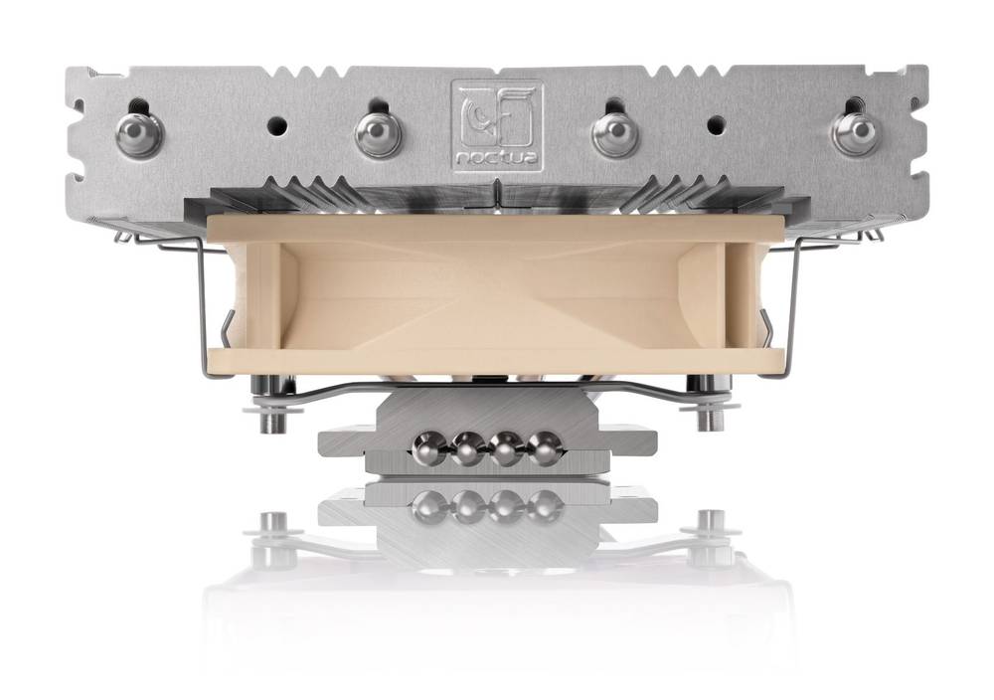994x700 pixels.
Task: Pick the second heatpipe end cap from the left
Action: click(378, 133)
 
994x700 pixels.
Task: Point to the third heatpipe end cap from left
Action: click(615, 133)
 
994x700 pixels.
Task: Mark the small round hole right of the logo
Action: click(715, 126)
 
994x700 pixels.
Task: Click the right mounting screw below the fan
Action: click(708, 412)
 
